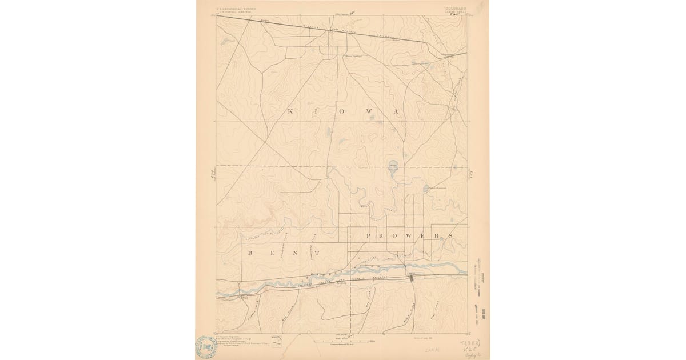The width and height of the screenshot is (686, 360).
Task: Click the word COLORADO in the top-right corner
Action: coord(455,9)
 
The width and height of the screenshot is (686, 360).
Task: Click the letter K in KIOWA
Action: coord(289,111)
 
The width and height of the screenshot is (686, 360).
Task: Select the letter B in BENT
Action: coord(249,252)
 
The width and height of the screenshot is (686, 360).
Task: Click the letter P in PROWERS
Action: coord(369,235)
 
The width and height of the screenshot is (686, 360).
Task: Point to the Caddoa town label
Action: coord(230,297)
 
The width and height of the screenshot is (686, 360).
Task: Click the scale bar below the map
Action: coord(342,341)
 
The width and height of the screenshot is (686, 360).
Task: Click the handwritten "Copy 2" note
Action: coord(471,353)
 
